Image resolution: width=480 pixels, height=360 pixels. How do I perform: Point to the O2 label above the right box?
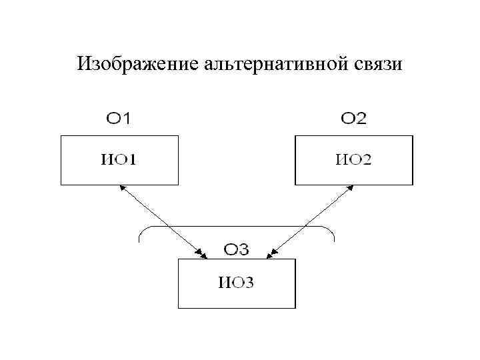(x=353, y=119)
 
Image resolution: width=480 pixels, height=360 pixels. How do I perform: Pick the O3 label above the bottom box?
(x=237, y=250)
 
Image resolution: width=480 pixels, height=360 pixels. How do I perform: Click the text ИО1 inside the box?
(x=119, y=159)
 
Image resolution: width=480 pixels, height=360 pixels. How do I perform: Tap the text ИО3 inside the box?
(x=236, y=283)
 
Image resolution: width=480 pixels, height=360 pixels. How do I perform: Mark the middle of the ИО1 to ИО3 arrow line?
(x=162, y=221)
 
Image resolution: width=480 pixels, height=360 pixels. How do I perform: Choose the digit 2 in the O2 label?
(x=361, y=119)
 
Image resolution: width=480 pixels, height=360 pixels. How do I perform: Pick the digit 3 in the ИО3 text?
(x=249, y=283)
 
